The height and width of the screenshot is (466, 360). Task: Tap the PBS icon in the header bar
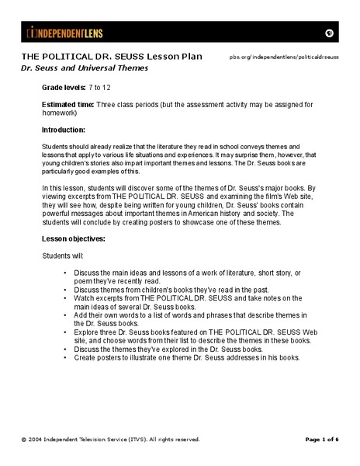[x=329, y=33]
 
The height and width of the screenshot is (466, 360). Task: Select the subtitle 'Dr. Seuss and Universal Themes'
[x=84, y=68]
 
